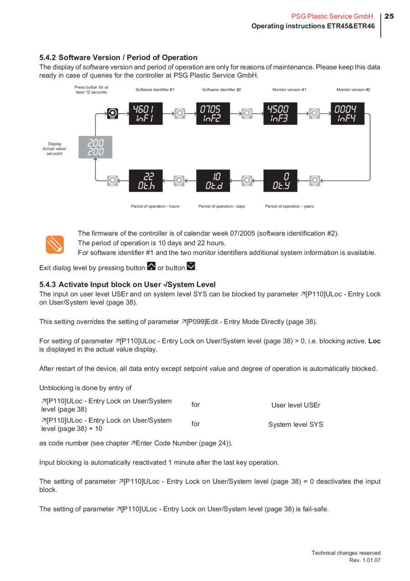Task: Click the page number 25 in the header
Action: coord(389,16)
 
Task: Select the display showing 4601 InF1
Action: coord(146,114)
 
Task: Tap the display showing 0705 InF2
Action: coord(213,114)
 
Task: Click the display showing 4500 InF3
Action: coord(280,114)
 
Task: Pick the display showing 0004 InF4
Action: coord(348,114)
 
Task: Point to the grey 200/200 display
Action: coord(95,147)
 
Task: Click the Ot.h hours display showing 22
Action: coord(146,181)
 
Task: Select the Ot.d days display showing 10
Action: coord(213,181)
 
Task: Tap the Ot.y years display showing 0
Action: coord(280,181)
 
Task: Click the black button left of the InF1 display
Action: coord(113,113)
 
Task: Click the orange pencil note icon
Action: coord(55,244)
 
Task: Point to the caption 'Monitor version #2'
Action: coord(353,90)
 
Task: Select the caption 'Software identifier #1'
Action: coord(155,90)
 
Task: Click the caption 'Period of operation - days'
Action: coord(221,207)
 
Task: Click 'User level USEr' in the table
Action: coord(296,405)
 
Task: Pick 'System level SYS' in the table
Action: coord(296,425)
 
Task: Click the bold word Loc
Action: coord(374,341)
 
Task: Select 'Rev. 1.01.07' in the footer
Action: coord(364,560)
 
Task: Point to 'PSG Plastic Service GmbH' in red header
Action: coord(332,16)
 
